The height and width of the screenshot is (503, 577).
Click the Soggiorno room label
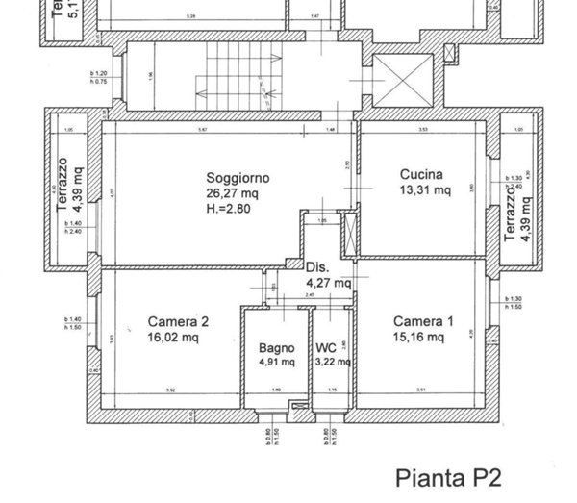click(x=237, y=178)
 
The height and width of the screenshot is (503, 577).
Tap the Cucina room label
click(x=421, y=175)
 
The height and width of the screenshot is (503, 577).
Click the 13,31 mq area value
click(x=425, y=189)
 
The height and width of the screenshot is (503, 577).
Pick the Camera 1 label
click(x=418, y=322)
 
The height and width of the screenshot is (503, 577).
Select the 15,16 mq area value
click(x=418, y=338)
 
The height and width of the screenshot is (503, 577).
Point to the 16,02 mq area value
click(x=173, y=338)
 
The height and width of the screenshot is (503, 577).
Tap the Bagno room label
click(x=274, y=348)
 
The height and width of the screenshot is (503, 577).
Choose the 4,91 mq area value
click(x=274, y=363)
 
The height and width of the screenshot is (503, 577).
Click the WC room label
click(x=325, y=348)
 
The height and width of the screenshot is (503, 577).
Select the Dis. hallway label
click(x=316, y=267)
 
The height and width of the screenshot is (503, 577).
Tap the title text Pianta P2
click(x=449, y=475)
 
